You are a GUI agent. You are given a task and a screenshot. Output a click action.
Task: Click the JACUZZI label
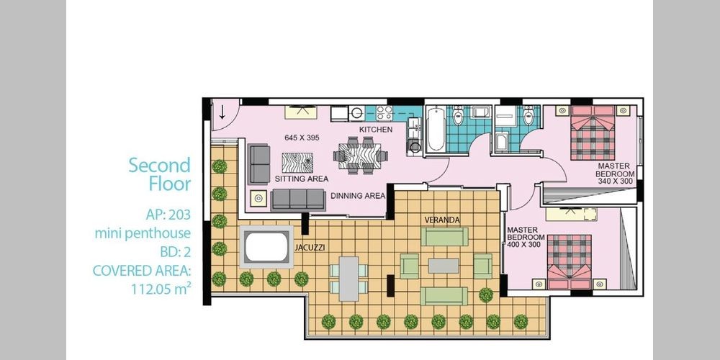click(310, 248)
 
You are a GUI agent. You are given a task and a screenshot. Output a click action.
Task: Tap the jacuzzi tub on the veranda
click(266, 247)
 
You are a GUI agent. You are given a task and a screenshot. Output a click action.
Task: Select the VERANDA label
click(442, 220)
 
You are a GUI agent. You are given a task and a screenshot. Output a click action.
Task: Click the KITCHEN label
click(376, 130)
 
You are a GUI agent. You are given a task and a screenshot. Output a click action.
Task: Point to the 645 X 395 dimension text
click(302, 138)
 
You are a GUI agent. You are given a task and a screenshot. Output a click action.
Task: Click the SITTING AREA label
click(302, 179)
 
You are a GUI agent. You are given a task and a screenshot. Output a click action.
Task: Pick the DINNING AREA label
click(358, 196)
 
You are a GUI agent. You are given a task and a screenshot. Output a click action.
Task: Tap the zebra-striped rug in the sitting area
click(297, 163)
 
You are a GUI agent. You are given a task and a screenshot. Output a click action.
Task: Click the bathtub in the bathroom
click(436, 129)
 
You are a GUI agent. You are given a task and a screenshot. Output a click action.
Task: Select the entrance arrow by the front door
click(222, 112)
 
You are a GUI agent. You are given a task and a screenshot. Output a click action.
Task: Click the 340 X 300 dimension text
click(616, 181)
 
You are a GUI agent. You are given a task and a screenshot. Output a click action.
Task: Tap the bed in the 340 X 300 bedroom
click(593, 132)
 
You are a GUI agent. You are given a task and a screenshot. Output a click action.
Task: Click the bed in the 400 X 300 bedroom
click(570, 262)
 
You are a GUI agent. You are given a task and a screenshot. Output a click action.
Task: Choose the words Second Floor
click(159, 174)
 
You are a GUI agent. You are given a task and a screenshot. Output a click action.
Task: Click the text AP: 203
click(168, 215)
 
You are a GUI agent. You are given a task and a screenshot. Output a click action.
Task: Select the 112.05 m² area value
click(161, 289)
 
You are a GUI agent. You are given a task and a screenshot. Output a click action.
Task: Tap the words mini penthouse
click(143, 234)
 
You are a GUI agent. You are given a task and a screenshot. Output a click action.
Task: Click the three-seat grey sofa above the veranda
click(298, 199)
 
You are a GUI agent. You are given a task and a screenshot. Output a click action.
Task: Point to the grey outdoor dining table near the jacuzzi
click(349, 279)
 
